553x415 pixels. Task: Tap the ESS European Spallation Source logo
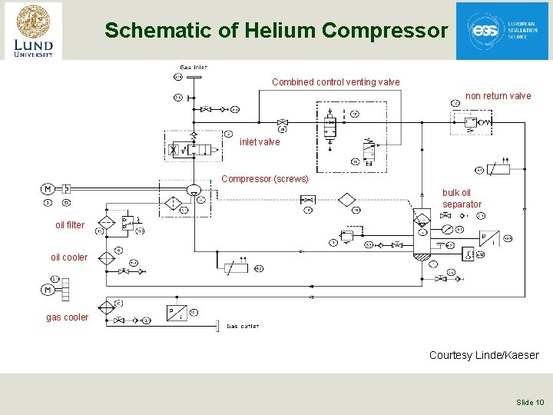(502, 31)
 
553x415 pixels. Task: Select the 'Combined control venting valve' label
(336, 82)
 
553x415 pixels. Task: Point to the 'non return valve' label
(498, 96)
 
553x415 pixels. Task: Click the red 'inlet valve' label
(260, 142)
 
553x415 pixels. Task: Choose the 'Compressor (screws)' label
(265, 179)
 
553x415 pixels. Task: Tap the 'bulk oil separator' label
(462, 198)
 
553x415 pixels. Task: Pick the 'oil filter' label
(70, 225)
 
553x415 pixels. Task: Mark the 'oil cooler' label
(69, 257)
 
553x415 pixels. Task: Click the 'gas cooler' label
(68, 317)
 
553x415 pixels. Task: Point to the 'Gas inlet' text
(194, 68)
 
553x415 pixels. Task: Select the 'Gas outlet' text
(243, 326)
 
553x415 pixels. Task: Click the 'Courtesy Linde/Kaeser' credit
(484, 355)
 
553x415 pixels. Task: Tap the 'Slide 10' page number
(530, 402)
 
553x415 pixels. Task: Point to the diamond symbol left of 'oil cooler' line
(106, 257)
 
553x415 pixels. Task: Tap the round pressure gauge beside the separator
(446, 229)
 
